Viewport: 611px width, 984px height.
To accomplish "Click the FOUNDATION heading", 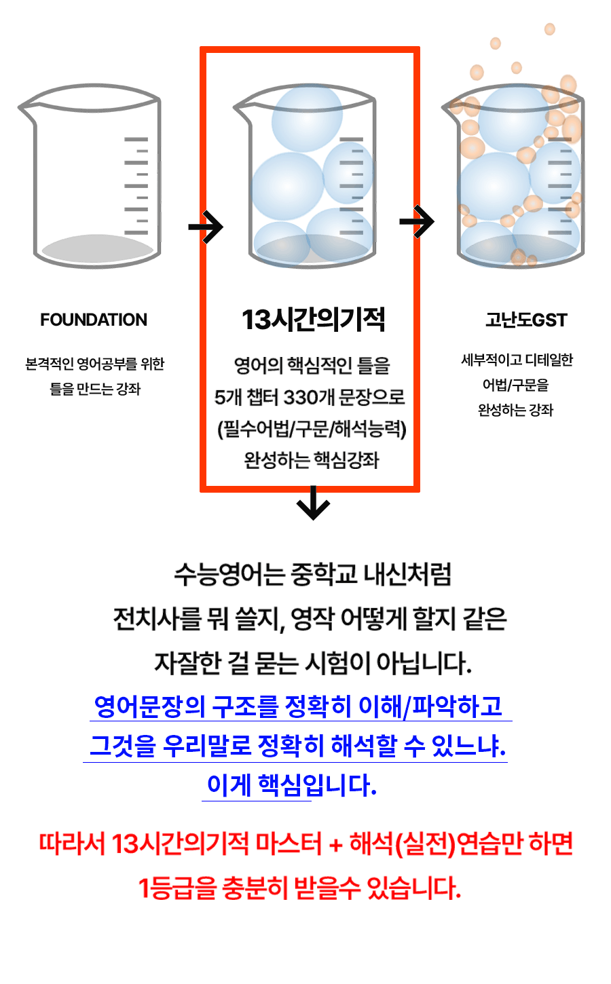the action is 94,320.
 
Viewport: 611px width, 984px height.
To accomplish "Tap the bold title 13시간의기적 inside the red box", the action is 314,320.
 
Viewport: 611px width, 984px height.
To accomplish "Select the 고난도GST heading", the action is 526,320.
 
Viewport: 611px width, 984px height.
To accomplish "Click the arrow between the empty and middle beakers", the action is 206,227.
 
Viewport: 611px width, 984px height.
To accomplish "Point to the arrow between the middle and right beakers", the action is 417,221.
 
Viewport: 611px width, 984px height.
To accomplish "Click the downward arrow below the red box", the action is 313,503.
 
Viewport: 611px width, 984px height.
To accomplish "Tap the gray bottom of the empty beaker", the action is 97,248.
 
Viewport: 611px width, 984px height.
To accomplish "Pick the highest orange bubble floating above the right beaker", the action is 549,29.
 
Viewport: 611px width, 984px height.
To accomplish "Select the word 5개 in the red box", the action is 228,397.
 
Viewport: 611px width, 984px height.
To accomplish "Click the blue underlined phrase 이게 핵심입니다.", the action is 291,785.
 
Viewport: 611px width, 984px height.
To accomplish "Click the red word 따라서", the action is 72,844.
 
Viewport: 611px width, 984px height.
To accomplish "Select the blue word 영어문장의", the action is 150,706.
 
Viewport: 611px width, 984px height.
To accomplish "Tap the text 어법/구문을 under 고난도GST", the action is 515,385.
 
